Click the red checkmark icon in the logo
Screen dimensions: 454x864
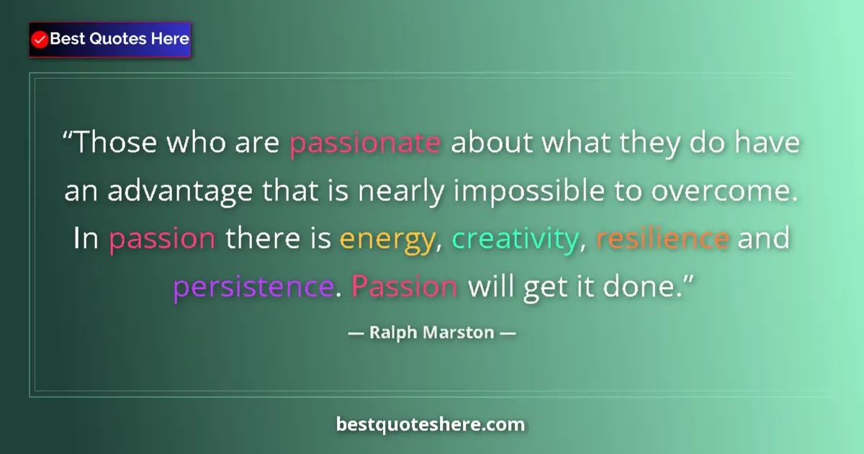coord(40,40)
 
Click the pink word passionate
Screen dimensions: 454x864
coord(365,143)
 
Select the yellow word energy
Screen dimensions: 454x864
coord(388,239)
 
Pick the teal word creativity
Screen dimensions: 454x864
coord(514,239)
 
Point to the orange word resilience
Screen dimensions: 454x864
coord(663,239)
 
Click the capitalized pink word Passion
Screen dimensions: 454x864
coord(405,286)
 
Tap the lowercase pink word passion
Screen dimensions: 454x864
coord(162,239)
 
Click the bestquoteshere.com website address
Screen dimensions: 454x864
coord(431,424)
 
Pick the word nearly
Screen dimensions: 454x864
coord(409,191)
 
